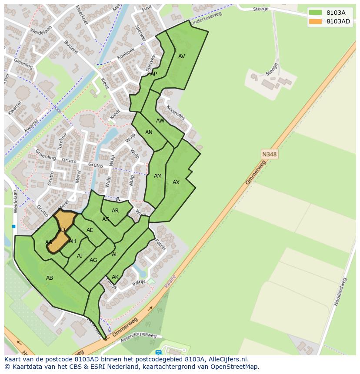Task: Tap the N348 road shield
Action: (270, 154)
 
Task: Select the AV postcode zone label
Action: (182, 56)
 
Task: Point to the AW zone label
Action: (160, 121)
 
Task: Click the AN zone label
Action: (149, 132)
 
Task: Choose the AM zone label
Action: (158, 176)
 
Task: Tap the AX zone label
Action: (176, 182)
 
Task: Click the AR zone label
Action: (115, 211)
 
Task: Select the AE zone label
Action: (90, 230)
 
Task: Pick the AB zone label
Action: (50, 278)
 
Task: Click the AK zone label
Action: (115, 277)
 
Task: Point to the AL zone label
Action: (115, 255)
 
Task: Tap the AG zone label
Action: (93, 260)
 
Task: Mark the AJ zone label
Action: (80, 256)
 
